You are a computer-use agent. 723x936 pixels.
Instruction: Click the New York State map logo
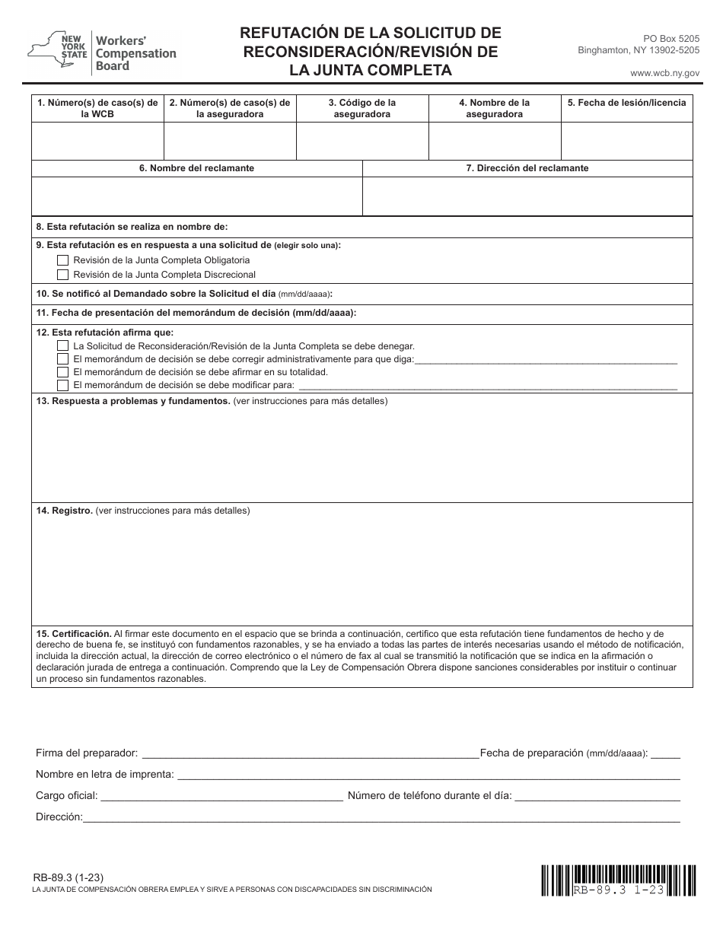(x=46, y=49)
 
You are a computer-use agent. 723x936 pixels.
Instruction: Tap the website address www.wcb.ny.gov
(x=664, y=72)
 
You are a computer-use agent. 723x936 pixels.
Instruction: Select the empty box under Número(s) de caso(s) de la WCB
(x=97, y=141)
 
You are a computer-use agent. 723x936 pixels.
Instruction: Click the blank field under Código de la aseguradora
(x=362, y=141)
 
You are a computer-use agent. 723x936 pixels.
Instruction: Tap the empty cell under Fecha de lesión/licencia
(x=626, y=141)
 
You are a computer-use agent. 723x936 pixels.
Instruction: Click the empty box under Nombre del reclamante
(x=196, y=196)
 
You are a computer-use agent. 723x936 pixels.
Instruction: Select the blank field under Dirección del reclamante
(x=527, y=196)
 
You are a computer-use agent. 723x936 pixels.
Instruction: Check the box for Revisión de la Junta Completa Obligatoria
(x=63, y=260)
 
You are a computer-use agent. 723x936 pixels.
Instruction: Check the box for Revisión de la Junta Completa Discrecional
(x=63, y=274)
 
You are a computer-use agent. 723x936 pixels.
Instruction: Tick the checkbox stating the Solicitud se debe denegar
(x=63, y=345)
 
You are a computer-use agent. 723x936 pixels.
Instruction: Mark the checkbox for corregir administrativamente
(x=63, y=358)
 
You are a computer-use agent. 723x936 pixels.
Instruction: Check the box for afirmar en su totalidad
(x=63, y=372)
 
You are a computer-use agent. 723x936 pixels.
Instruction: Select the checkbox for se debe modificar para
(x=63, y=385)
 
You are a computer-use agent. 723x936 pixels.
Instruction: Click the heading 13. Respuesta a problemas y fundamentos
(x=133, y=401)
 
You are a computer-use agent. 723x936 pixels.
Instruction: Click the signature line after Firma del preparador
(x=310, y=754)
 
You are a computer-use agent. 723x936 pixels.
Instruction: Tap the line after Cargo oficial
(x=221, y=797)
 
